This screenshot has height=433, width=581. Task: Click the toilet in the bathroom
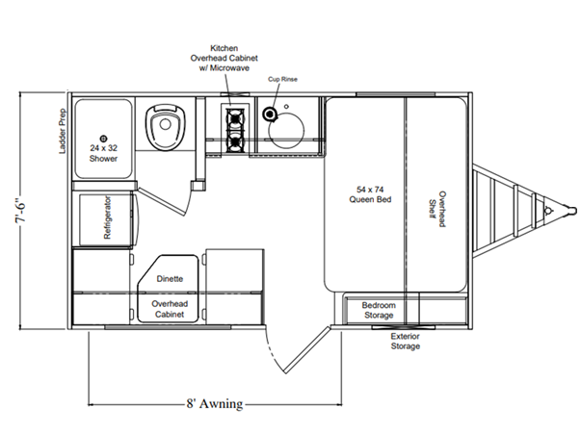(166, 127)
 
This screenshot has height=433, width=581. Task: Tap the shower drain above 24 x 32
(104, 139)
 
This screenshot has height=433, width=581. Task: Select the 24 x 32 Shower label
(103, 153)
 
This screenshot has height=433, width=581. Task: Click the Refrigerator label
(107, 217)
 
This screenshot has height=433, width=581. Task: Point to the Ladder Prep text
(63, 131)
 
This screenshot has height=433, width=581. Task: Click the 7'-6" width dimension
(21, 209)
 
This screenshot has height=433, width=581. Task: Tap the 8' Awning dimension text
(215, 403)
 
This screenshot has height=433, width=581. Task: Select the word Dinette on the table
(170, 279)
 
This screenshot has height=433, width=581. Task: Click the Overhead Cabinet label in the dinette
(170, 309)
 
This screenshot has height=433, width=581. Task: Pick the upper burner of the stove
(235, 117)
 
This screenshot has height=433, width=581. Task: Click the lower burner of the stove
(235, 142)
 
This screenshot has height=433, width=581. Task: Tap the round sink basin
(286, 130)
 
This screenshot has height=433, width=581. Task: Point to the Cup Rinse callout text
(282, 79)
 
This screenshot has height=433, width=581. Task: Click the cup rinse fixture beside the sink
(269, 114)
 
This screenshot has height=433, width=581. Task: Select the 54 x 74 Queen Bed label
(370, 194)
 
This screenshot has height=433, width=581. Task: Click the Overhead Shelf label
(437, 209)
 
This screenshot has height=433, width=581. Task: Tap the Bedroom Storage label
(379, 310)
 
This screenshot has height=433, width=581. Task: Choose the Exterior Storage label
(406, 342)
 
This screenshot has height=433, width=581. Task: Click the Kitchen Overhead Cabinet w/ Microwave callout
(224, 58)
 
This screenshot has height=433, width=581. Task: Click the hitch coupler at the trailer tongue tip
(569, 210)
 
